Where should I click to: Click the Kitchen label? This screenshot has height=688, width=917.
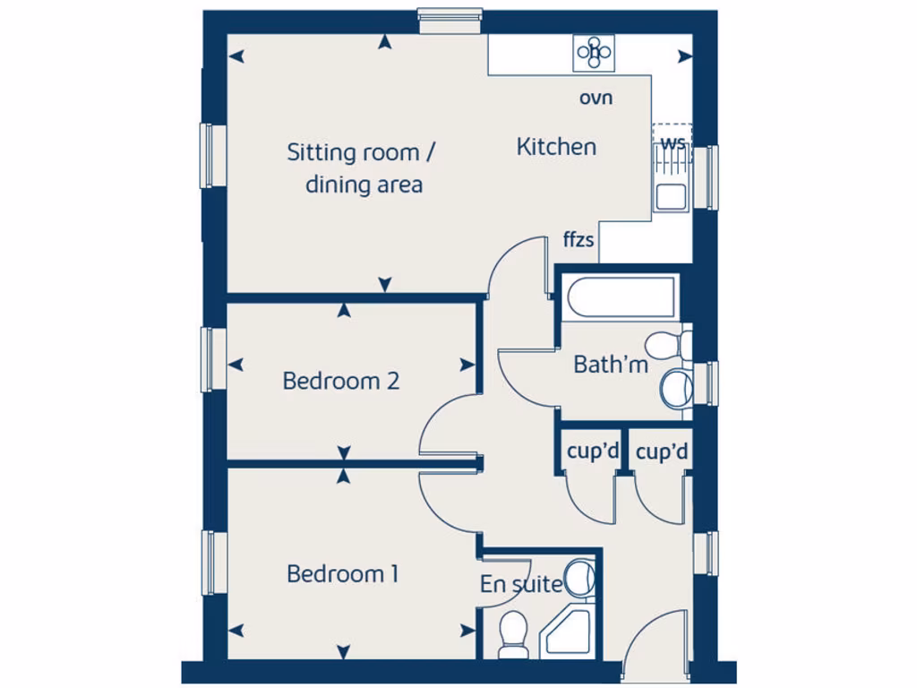pos(556,147)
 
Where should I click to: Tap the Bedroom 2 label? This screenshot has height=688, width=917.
pos(340,381)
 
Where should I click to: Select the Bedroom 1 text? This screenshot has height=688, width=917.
pos(342,573)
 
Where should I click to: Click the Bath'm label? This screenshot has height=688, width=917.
pos(611,365)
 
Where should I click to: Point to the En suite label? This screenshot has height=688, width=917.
pos(520,585)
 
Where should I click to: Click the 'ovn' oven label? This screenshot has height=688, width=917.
pos(596,98)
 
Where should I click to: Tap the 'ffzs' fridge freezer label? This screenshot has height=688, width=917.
pos(578,240)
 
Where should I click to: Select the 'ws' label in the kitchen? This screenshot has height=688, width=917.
pos(673,143)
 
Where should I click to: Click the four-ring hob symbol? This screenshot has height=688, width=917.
pos(594,52)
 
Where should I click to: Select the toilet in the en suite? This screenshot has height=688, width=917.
pos(513,632)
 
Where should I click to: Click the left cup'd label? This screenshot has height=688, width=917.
pos(591,452)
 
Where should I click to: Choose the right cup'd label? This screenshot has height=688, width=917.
pos(662,452)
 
